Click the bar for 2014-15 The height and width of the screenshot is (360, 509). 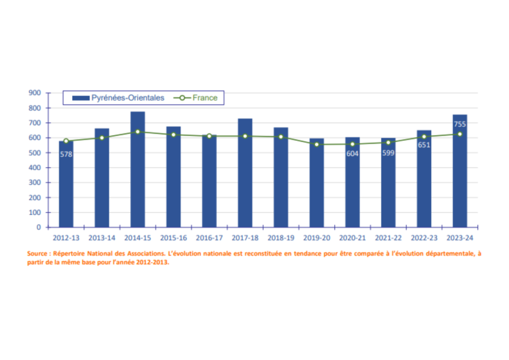pos(138,170)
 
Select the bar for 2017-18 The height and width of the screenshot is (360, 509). pos(245,173)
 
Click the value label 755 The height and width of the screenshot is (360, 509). pos(460,124)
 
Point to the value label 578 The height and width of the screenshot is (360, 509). pos(66,154)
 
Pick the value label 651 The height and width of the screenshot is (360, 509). pos(424,146)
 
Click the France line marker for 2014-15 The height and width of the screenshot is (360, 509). pos(138,132)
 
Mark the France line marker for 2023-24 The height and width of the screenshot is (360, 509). pos(460,134)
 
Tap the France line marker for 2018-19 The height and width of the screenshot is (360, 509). pos(281,136)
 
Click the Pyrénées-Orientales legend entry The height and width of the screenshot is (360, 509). pos(118,98)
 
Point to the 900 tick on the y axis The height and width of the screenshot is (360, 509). pos(35,93)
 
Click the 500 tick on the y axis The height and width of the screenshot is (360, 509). pos(35,153)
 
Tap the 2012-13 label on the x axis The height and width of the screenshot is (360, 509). pos(66,237)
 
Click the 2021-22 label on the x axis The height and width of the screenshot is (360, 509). pos(388,237)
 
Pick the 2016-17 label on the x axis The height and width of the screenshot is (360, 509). pos(209,237)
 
